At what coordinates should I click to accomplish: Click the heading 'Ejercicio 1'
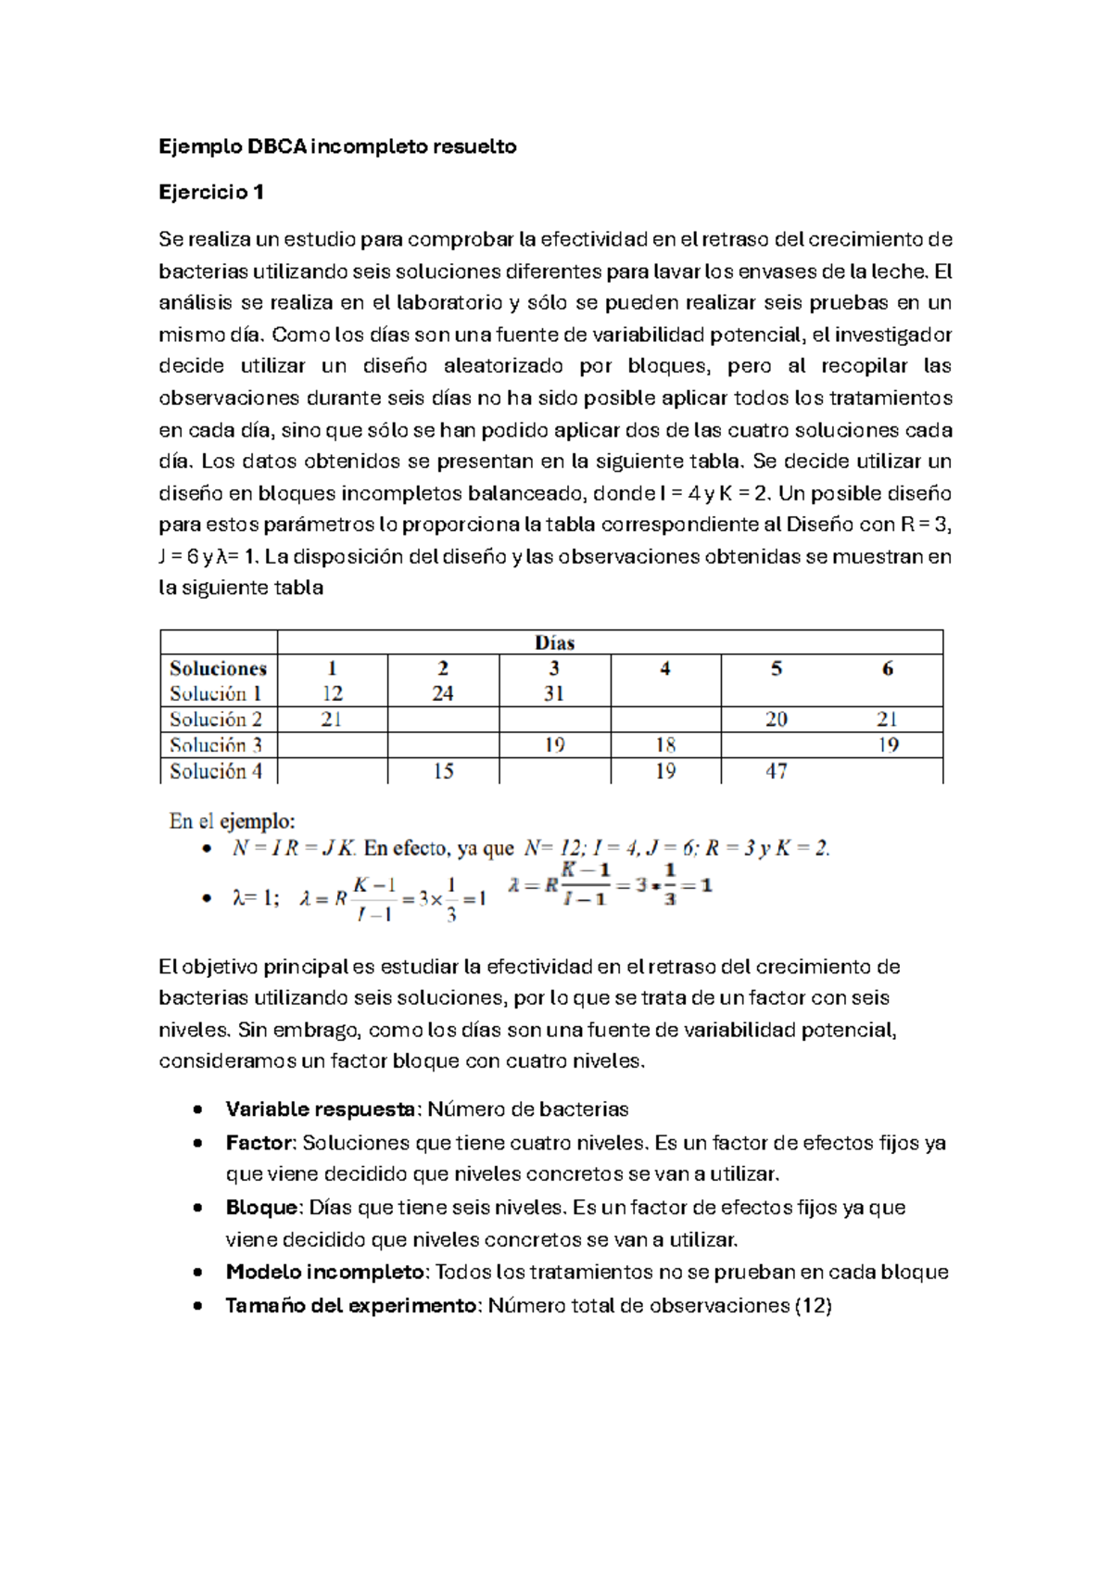click(211, 192)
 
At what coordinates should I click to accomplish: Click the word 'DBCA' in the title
click(276, 146)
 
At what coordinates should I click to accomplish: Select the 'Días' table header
click(554, 642)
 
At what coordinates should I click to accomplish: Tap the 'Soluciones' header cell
click(218, 668)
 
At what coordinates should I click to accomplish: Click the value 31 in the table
click(554, 693)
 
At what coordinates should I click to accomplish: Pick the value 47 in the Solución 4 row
click(777, 771)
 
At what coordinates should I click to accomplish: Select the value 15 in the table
click(443, 771)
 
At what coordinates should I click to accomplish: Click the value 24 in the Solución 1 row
click(443, 693)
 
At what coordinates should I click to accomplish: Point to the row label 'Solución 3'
click(216, 745)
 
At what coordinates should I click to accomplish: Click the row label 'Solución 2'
click(216, 719)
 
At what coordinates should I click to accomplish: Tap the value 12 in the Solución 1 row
click(332, 693)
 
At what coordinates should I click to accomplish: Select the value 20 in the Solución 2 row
click(777, 719)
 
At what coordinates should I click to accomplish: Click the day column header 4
click(665, 668)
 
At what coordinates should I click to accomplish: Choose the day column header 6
click(888, 668)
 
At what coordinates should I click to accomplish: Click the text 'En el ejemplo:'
click(232, 821)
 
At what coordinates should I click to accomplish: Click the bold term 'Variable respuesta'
click(320, 1109)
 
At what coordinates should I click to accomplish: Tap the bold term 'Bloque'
click(262, 1208)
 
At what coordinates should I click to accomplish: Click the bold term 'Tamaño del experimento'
click(350, 1306)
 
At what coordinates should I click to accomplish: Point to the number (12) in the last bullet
click(814, 1306)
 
